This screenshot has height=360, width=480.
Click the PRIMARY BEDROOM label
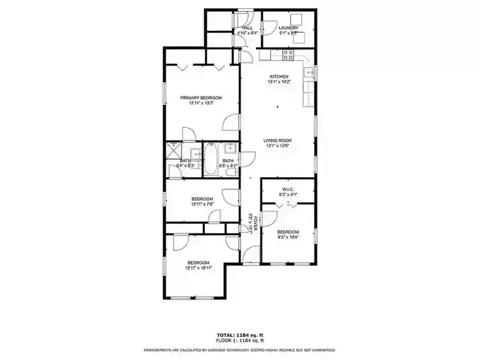tap(201, 98)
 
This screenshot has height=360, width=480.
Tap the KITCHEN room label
tap(278, 77)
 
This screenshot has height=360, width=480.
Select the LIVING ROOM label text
tap(278, 141)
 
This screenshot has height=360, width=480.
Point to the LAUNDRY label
tap(289, 27)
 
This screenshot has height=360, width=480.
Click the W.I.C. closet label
tap(288, 189)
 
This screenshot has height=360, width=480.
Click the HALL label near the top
tap(247, 27)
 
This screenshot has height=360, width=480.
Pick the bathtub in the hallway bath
tap(211, 160)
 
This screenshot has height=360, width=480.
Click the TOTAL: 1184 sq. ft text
tap(240, 335)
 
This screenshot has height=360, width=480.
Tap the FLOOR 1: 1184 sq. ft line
tap(240, 340)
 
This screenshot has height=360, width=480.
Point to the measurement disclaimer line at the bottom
tap(240, 350)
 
